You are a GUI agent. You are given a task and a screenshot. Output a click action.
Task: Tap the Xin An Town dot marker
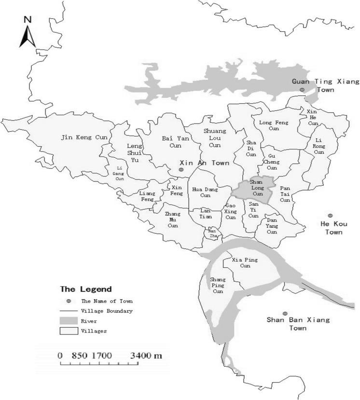181,170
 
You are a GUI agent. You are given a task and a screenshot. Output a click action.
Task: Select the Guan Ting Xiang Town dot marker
302,90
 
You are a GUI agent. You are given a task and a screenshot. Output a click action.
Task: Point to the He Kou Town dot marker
330,216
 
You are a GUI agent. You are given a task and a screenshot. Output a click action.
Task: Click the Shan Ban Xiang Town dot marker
285,313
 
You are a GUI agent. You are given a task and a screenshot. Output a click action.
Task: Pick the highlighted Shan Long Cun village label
256,188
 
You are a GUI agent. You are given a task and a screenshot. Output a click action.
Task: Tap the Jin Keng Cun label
84,138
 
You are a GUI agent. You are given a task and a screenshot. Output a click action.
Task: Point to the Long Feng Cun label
274,126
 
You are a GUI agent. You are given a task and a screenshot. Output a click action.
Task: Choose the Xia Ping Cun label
245,263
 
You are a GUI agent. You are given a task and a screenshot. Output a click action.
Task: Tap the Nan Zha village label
213,233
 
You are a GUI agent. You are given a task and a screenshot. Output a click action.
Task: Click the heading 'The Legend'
86,290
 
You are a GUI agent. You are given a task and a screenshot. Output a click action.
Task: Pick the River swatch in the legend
69,321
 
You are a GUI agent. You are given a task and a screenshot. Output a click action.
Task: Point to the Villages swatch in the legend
69,331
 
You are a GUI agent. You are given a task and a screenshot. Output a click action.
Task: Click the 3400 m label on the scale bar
146,356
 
